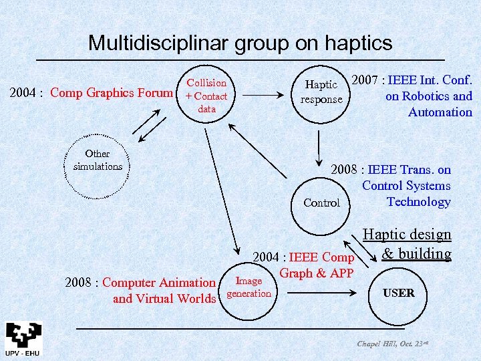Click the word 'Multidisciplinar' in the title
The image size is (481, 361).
[x=158, y=43]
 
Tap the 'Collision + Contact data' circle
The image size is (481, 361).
[x=206, y=96]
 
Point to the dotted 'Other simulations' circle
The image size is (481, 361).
[x=98, y=160]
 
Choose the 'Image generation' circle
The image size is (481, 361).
[x=249, y=287]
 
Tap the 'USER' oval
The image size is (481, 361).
[x=399, y=293]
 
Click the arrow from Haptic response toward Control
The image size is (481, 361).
[x=321, y=142]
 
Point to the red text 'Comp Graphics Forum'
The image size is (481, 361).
[x=112, y=92]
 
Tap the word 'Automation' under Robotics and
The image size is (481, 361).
[x=440, y=112]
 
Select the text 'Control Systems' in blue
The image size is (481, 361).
[x=406, y=186]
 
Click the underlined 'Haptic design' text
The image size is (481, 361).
[x=407, y=234]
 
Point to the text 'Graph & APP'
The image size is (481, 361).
[x=317, y=273]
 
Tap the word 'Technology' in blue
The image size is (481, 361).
[x=419, y=202]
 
